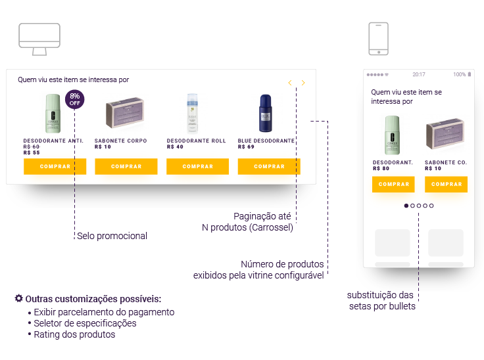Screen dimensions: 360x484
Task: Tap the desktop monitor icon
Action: [x=39, y=38]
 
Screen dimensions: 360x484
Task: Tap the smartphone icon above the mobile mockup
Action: [x=378, y=39]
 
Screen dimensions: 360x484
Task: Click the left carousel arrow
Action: [x=290, y=83]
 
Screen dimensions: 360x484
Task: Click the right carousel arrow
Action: [x=303, y=83]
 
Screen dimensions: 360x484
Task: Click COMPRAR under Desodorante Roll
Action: [x=198, y=167]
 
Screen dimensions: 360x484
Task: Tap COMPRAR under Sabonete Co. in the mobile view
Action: [x=446, y=185]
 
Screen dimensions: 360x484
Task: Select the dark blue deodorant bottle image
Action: [x=266, y=113]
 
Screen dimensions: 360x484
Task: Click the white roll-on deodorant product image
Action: [x=192, y=112]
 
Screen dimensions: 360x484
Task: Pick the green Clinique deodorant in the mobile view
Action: [x=392, y=135]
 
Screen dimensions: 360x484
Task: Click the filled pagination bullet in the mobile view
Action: [x=406, y=206]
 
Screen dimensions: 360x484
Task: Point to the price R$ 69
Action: [x=246, y=146]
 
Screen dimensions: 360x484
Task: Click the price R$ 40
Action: [x=175, y=146]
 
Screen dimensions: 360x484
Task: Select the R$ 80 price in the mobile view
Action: [x=381, y=168]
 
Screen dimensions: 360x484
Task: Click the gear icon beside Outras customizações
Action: [x=18, y=299]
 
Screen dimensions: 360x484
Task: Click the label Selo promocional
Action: [x=112, y=236]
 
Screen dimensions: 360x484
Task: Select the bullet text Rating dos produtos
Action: [x=74, y=334]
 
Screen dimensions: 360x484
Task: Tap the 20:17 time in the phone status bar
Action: [x=419, y=74]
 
